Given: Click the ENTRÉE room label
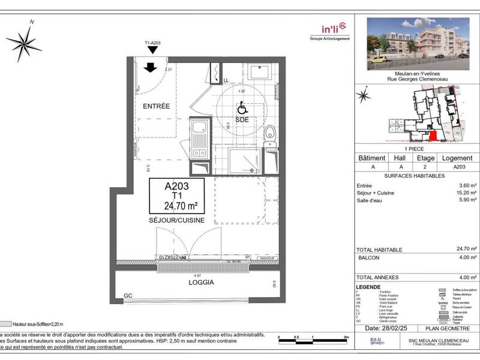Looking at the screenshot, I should tap(156, 106).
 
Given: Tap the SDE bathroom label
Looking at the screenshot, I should tap(242, 119).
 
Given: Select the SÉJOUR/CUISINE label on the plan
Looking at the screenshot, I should tap(177, 220).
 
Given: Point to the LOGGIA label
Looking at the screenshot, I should tap(201, 281).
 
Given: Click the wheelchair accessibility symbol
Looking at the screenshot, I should tap(242, 108).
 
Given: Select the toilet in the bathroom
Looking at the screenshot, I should tap(271, 132).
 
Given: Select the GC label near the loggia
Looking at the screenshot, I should tap(127, 296).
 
